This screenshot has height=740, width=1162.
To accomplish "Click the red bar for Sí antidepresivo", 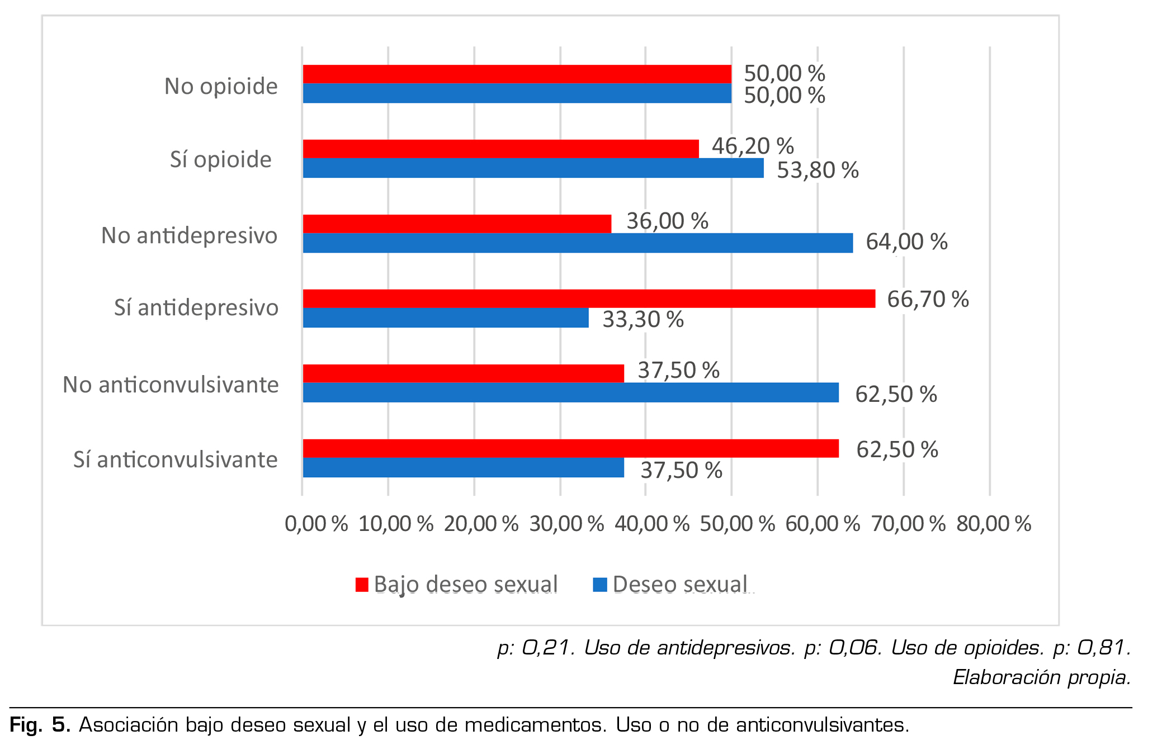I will (589, 298).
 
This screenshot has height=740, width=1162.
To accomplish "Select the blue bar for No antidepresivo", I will (578, 243).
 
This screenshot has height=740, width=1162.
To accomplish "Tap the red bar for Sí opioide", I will (500, 149).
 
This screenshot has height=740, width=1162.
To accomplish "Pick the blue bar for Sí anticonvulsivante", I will (463, 468).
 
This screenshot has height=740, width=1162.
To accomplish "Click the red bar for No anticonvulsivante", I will (463, 373).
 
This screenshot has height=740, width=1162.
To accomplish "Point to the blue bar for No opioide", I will (517, 93).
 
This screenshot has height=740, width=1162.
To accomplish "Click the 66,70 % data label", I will (928, 300).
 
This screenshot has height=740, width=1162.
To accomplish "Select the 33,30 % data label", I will (643, 320).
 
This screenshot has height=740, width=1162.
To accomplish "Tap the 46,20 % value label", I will (753, 146).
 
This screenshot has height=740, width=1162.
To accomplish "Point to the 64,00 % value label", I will (906, 242).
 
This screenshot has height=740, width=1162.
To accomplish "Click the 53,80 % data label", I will (818, 170).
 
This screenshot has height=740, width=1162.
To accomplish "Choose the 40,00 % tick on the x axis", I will (652, 524).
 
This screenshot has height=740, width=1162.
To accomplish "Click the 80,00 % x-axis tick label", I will (994, 524).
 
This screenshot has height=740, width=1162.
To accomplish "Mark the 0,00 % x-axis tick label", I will (316, 524).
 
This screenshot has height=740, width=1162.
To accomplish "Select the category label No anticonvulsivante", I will (171, 385).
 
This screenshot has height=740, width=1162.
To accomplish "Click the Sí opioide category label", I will (221, 160).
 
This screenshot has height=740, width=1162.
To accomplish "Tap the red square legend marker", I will (362, 585).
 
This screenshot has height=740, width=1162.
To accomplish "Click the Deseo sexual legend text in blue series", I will (680, 585).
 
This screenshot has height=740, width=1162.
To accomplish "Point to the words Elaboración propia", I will (1042, 677).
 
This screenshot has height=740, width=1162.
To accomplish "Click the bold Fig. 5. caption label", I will (40, 725).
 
